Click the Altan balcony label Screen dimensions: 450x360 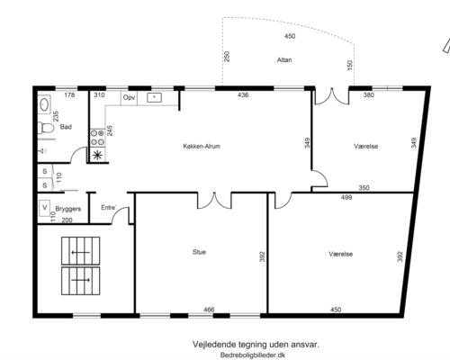tap(284, 60)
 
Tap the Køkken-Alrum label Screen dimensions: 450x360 tap(202, 146)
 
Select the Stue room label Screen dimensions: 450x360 tap(199, 252)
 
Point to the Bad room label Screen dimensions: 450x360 tap(66, 127)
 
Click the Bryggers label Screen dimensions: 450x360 tap(68, 209)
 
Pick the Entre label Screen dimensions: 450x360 tap(109, 208)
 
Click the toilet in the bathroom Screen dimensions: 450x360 tap(46, 129)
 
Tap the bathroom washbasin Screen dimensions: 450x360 tap(44, 104)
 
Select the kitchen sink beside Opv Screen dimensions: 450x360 tap(154, 97)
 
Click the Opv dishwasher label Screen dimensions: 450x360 tap(129, 98)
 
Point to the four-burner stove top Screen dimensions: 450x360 tap(97, 138)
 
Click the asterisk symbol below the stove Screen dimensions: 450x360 tap(97, 155)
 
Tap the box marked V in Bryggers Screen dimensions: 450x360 tap(45, 208)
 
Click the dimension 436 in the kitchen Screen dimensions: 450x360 tap(243, 95)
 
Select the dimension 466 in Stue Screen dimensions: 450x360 tap(209, 310)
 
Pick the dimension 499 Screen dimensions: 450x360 tap(346, 197)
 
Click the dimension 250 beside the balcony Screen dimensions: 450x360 tap(227, 57)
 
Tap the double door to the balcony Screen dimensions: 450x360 tap(332, 96)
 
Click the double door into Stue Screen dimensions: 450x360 tap(214, 201)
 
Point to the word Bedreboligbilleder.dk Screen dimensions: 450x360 tap(252, 355)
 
